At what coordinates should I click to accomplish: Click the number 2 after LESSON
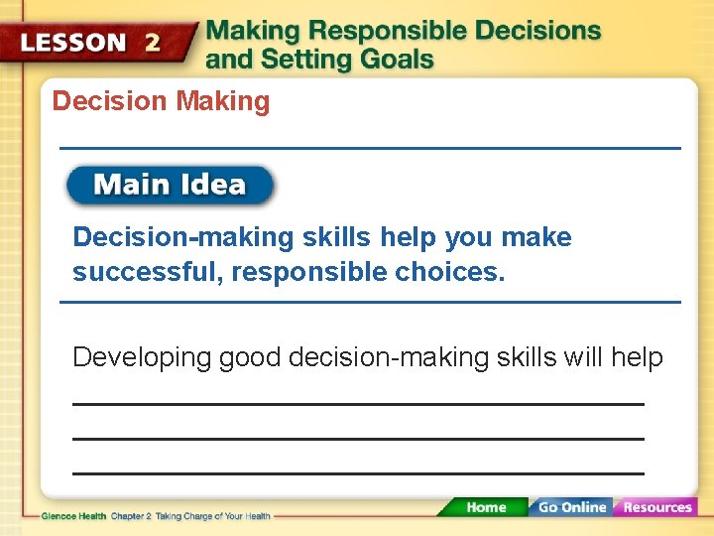[153, 44]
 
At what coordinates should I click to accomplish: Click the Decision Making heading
[161, 101]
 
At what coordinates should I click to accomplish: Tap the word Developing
[142, 357]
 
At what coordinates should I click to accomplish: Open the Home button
[485, 507]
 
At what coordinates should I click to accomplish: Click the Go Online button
[571, 507]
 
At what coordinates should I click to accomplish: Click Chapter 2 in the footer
[132, 516]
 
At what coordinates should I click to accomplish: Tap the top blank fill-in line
[358, 404]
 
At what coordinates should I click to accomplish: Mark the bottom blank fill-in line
[358, 473]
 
